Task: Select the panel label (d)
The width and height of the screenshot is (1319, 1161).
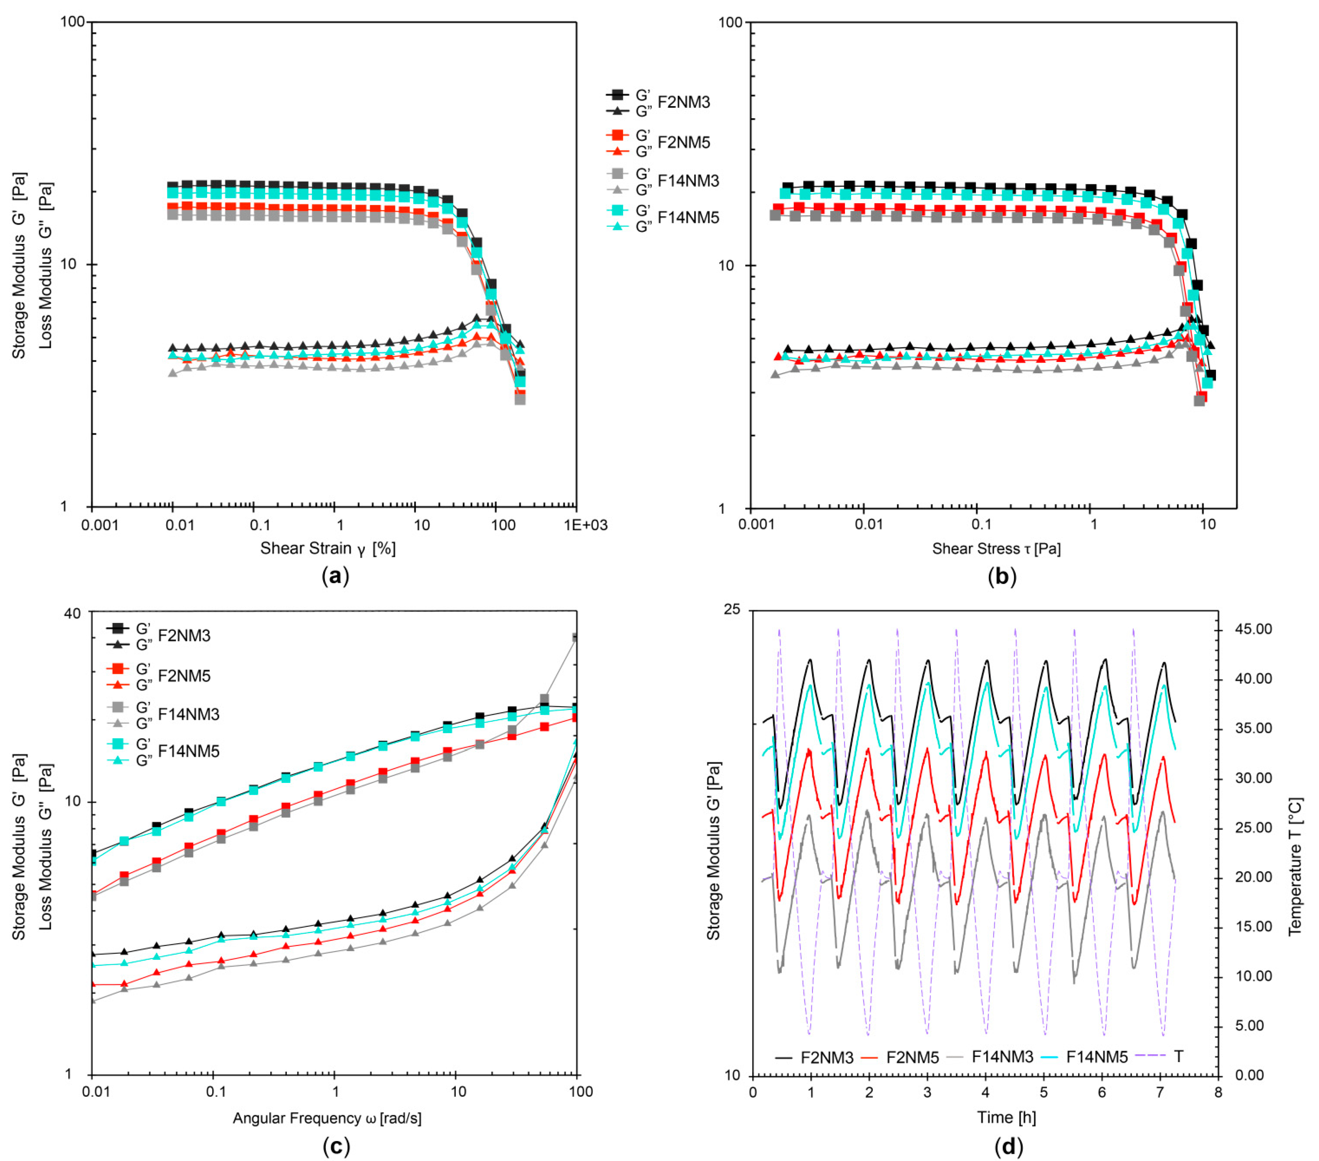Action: click(1008, 1146)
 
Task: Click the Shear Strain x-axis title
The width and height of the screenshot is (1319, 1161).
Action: click(328, 548)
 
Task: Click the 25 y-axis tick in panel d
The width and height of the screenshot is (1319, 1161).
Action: click(732, 610)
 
